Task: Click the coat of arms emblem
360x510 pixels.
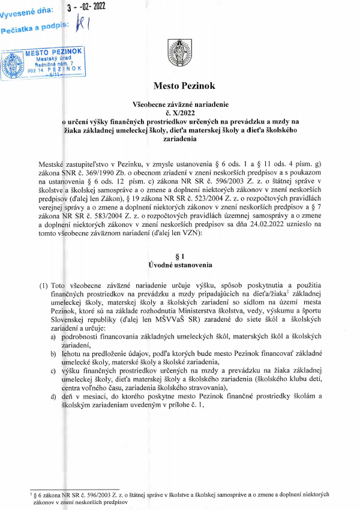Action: click(x=180, y=50)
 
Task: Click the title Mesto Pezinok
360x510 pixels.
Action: click(x=180, y=85)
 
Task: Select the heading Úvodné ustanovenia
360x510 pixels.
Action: click(x=180, y=265)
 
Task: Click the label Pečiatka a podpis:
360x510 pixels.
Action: click(x=35, y=28)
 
